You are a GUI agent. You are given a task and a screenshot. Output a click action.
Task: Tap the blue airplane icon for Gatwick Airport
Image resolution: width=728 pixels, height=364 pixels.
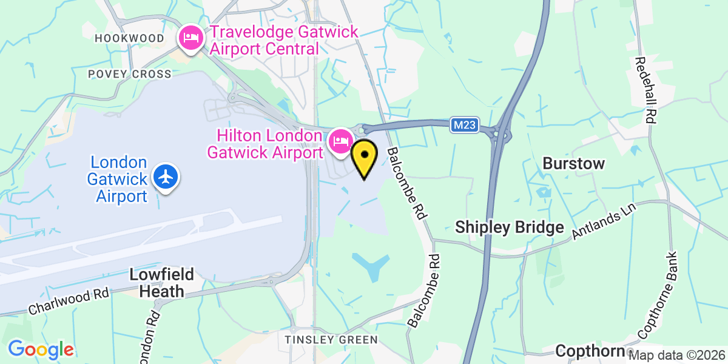[166, 177]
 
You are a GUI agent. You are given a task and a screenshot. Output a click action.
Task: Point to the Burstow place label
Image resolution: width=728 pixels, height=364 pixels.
[574, 163]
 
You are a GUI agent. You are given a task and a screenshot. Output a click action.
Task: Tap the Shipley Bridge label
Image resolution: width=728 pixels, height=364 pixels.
[510, 227]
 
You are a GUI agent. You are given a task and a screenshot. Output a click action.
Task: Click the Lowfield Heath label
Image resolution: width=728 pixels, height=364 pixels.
[162, 283]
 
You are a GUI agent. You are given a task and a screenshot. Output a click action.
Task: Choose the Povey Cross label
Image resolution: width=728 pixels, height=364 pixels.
[130, 73]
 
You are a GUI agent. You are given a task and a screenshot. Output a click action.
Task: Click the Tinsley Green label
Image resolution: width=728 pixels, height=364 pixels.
[332, 340]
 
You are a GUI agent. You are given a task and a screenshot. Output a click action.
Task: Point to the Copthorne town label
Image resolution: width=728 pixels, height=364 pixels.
[590, 351]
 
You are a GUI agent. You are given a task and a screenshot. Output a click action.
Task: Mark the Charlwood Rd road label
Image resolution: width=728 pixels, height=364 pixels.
[69, 302]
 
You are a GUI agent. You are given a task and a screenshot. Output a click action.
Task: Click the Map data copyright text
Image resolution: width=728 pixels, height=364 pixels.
[678, 355]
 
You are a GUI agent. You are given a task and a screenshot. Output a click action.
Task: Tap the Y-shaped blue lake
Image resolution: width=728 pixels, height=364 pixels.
[371, 265]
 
